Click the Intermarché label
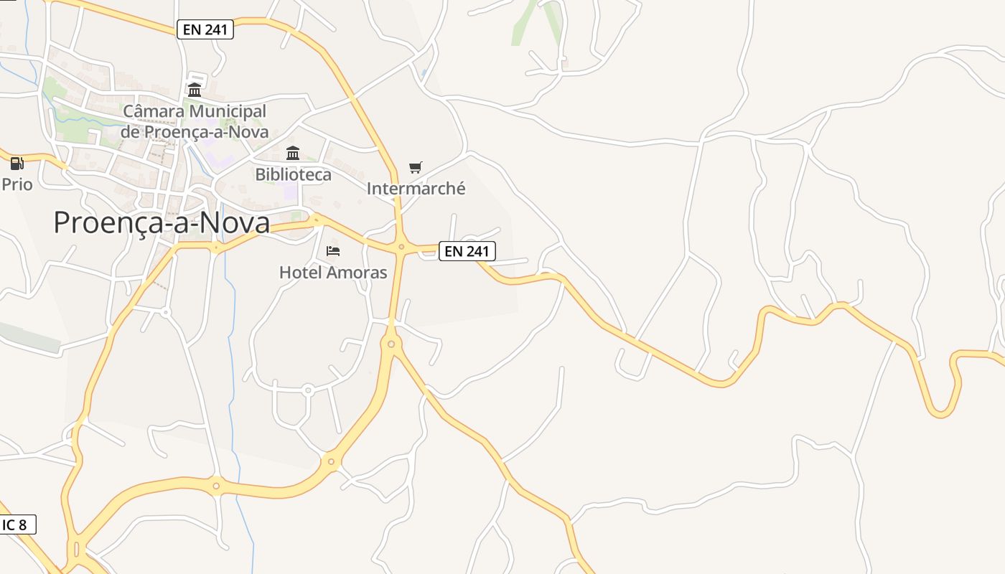pyautogui.click(x=416, y=189)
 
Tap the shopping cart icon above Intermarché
pyautogui.click(x=416, y=167)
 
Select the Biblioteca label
pyautogui.click(x=293, y=174)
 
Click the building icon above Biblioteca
pyautogui.click(x=293, y=153)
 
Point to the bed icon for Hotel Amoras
pyautogui.click(x=333, y=251)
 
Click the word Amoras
pyautogui.click(x=356, y=273)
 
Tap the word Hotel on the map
pyautogui.click(x=300, y=273)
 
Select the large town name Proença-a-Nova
pyautogui.click(x=162, y=223)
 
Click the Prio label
pyautogui.click(x=17, y=184)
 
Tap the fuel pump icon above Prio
pyautogui.click(x=17, y=164)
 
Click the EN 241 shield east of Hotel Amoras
pyautogui.click(x=467, y=251)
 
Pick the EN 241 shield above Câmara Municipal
pyautogui.click(x=205, y=29)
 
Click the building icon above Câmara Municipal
pyautogui.click(x=195, y=90)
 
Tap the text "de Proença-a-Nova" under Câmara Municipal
pyautogui.click(x=194, y=132)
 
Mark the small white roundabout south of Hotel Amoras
pyautogui.click(x=308, y=390)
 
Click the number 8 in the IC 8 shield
pyautogui.click(x=23, y=524)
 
